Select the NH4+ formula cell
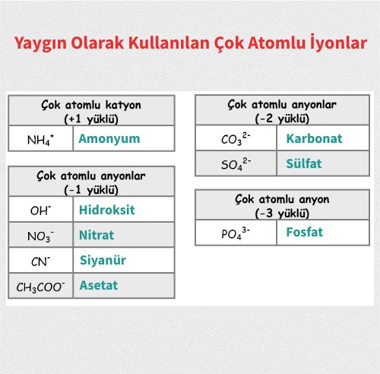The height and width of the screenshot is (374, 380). click(40, 140)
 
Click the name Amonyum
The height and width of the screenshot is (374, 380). click(109, 139)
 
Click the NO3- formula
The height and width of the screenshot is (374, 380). click(40, 236)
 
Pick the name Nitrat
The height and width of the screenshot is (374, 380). click(97, 235)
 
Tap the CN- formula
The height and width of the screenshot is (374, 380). click(40, 261)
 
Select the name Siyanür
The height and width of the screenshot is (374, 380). click(103, 260)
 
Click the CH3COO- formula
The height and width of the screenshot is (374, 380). click(40, 287)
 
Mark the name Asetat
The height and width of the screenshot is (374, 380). click(99, 286)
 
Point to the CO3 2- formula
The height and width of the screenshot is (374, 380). click(236, 140)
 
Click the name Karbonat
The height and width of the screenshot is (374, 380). click(314, 139)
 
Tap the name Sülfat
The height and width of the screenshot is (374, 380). click(305, 164)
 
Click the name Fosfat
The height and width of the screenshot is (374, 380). click(304, 233)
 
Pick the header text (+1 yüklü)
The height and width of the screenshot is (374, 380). click(90, 119)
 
